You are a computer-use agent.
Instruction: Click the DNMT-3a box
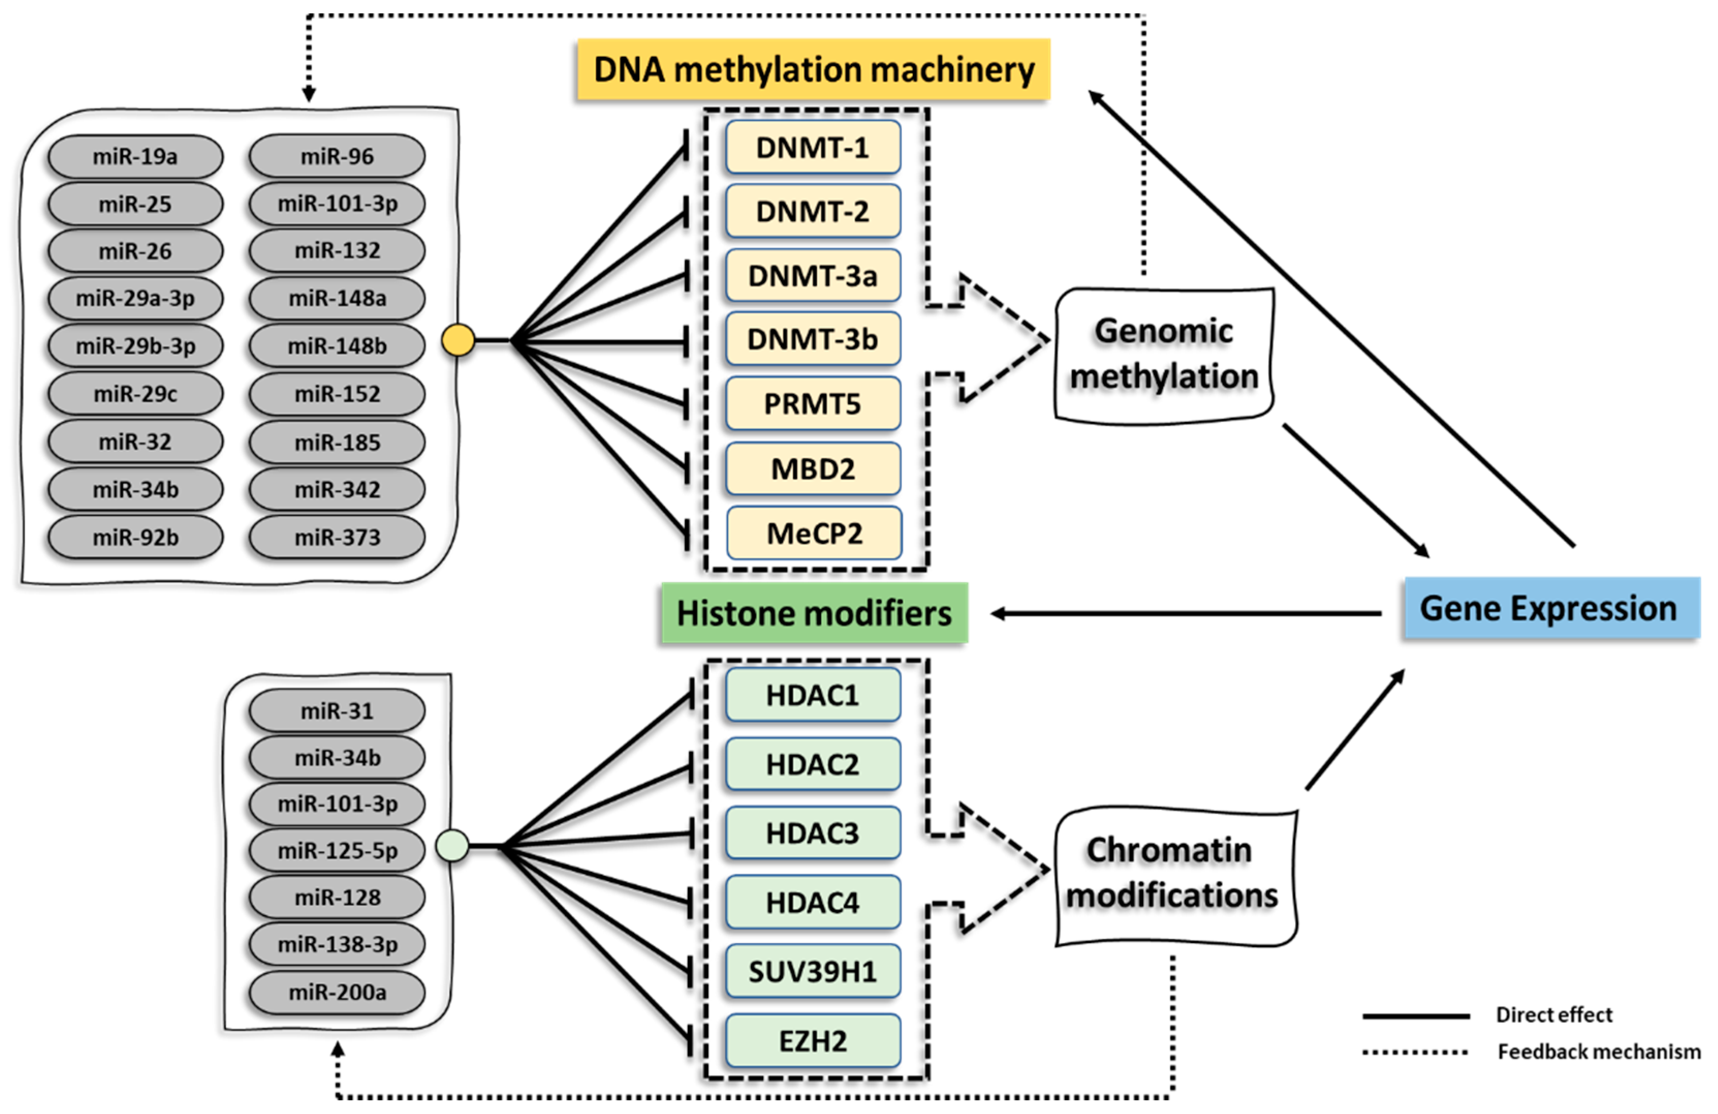coord(812,276)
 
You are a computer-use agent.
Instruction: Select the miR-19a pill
coord(135,156)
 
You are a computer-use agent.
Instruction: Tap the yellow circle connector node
coord(458,340)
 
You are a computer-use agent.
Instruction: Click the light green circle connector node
coord(452,845)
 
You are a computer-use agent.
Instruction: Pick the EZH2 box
coord(812,1040)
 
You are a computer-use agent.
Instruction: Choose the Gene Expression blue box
coord(1551,608)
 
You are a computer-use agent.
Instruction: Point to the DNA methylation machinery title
coord(813,69)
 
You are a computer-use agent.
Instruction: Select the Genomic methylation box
coord(1163,354)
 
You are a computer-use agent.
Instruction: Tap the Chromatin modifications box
coord(1173,873)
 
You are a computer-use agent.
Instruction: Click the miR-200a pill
coord(337,992)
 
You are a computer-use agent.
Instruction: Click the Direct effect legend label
coord(1553,1014)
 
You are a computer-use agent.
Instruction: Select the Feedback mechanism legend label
coord(1598,1051)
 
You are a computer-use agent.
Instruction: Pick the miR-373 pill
coord(337,538)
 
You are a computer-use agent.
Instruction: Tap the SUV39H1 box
coord(812,972)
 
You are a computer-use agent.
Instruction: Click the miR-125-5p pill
coord(337,851)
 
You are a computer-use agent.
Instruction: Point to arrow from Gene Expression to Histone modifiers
coord(1184,614)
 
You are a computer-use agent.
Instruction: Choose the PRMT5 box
coord(812,403)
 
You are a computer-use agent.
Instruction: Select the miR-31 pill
coord(337,711)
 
